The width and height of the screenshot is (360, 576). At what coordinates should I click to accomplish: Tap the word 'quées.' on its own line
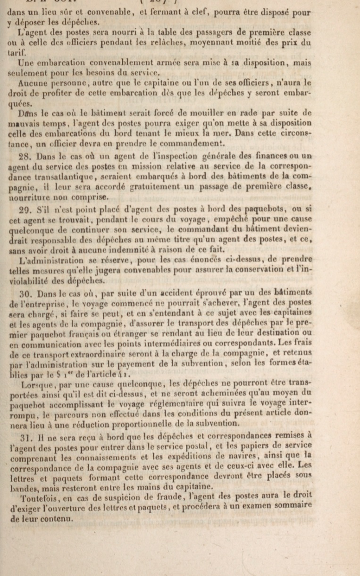[20, 104]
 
